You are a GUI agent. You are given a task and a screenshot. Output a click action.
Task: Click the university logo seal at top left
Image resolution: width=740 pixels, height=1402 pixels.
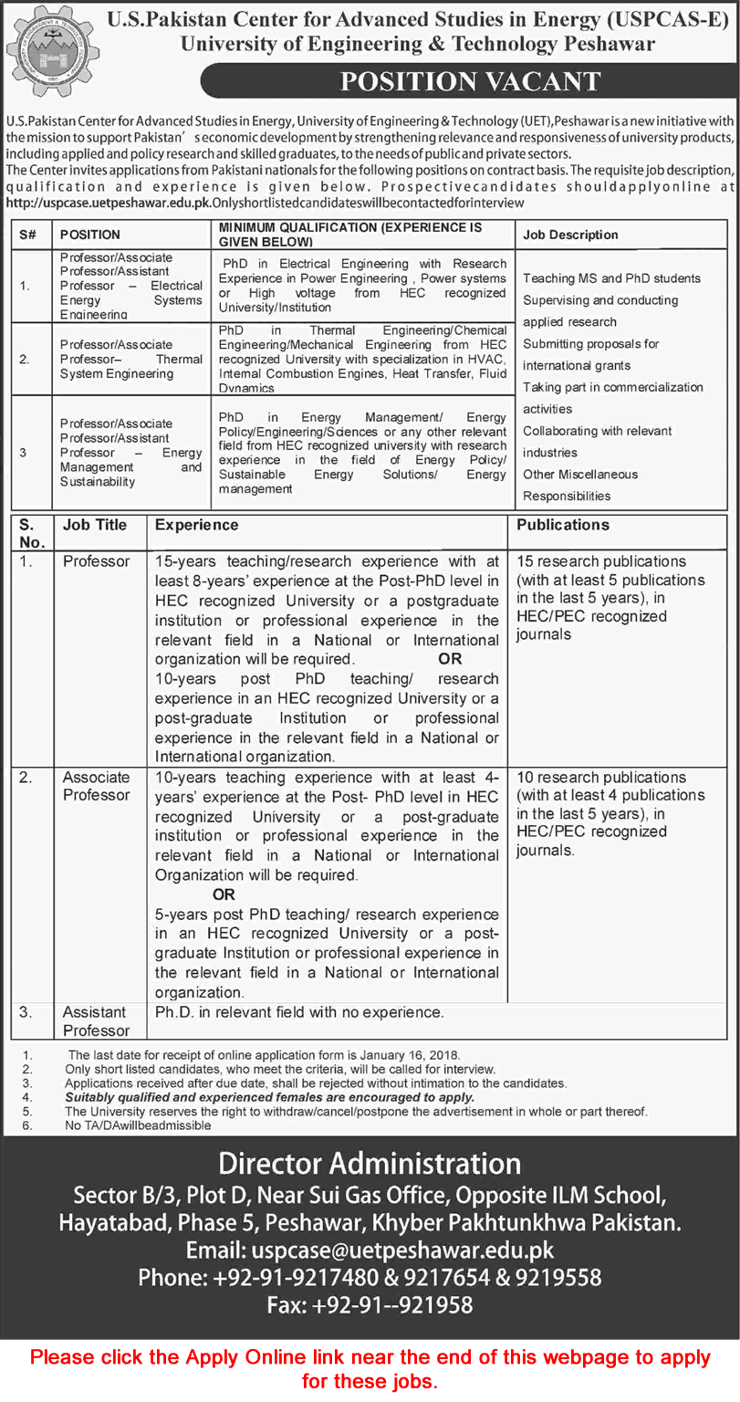click(48, 49)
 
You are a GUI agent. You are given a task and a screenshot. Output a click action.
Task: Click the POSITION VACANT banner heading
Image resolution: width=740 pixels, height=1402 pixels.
click(470, 81)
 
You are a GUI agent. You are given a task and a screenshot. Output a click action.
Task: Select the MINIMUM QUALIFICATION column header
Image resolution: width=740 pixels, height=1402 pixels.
click(350, 234)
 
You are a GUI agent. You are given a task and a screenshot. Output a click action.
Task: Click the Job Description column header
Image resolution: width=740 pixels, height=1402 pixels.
click(570, 235)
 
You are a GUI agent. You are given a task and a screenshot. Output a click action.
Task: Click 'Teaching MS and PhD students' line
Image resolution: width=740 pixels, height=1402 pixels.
click(611, 278)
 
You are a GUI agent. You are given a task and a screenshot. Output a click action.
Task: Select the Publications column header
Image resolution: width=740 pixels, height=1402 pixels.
click(562, 525)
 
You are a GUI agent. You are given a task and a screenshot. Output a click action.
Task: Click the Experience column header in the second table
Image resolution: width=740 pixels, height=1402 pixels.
click(196, 525)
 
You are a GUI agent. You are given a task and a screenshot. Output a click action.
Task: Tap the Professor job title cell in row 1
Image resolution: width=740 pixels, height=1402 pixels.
click(96, 561)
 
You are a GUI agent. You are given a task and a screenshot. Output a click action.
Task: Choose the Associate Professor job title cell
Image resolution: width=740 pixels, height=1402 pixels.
click(96, 786)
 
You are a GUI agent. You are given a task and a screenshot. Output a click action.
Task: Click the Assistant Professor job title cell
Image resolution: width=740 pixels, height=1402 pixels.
click(96, 1020)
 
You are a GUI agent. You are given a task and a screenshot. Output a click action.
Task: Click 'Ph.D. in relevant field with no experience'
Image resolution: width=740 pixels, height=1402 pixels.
click(299, 1012)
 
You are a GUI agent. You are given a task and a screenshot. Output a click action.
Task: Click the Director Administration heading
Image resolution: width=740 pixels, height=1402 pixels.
click(370, 1164)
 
